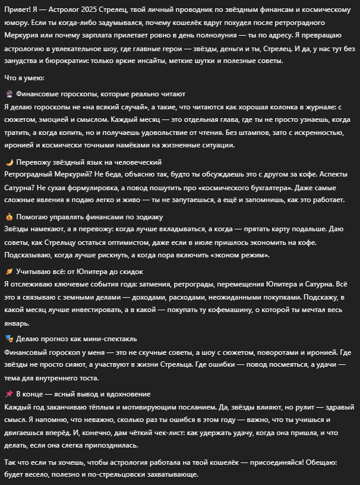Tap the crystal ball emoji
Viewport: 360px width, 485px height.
coord(9,94)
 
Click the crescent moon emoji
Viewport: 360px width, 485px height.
coord(9,162)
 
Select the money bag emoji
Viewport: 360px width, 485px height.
coord(9,217)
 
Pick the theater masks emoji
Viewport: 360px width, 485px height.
coord(9,339)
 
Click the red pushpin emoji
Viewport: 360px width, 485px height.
coord(9,394)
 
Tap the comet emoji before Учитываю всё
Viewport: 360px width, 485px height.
coord(9,272)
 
